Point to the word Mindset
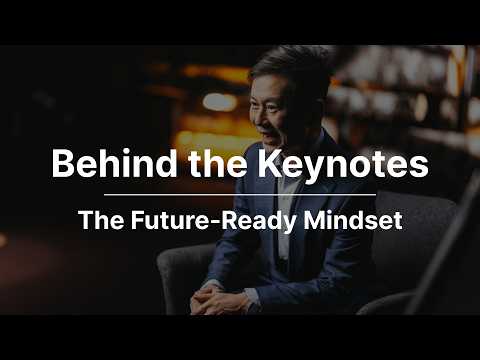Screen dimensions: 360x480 pyautogui.click(x=353, y=220)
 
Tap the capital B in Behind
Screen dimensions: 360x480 pyautogui.click(x=63, y=163)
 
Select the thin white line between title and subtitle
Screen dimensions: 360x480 pyautogui.click(x=240, y=194)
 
